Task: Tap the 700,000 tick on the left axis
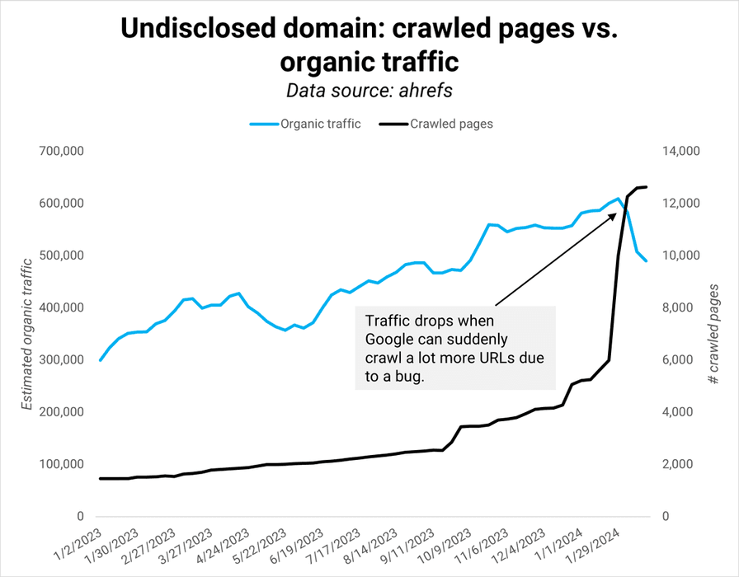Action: (x=62, y=152)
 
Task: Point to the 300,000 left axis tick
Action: (x=62, y=360)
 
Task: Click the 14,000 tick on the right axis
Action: (x=680, y=152)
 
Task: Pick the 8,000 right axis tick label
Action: (x=677, y=308)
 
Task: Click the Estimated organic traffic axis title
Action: (x=26, y=334)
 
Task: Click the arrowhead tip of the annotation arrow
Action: (x=616, y=212)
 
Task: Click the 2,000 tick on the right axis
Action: (x=677, y=465)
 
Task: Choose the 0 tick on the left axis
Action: (x=80, y=517)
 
